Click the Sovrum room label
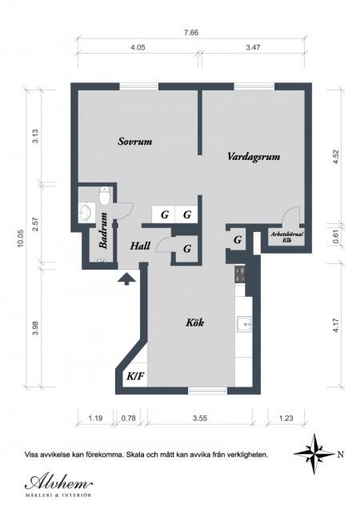click(x=134, y=142)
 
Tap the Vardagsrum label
click(x=254, y=157)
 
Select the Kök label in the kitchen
click(x=194, y=323)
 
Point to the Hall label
click(x=140, y=246)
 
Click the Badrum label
click(x=104, y=230)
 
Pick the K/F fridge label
click(x=135, y=377)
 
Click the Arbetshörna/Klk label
click(x=286, y=238)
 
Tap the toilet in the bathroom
click(x=105, y=196)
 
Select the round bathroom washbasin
click(x=86, y=213)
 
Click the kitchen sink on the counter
click(x=244, y=324)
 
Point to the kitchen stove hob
click(x=241, y=275)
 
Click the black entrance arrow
click(x=126, y=279)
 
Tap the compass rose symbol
click(x=314, y=454)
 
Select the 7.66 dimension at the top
click(x=191, y=33)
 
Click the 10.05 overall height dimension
click(x=21, y=238)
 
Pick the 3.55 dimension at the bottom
click(x=200, y=418)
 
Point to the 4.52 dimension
click(x=336, y=157)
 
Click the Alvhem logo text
click(x=58, y=483)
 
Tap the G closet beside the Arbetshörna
click(x=238, y=240)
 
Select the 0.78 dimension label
click(x=129, y=418)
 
